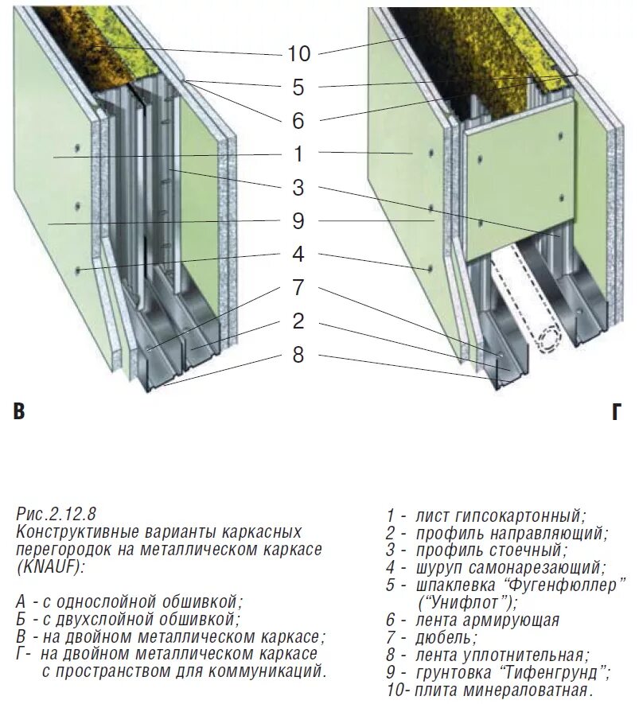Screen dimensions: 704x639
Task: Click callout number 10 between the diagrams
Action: (x=298, y=53)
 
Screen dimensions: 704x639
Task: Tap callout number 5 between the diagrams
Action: (x=298, y=87)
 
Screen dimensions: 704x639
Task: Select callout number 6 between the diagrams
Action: (x=298, y=120)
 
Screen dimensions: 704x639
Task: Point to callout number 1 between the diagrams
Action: (x=298, y=154)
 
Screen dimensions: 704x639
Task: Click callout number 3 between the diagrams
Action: (x=298, y=188)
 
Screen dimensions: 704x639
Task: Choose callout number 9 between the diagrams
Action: (x=298, y=221)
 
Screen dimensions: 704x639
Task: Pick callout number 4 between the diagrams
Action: (x=298, y=255)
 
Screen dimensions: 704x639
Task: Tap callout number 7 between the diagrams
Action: (x=298, y=287)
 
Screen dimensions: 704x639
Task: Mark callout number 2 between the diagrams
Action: (x=298, y=321)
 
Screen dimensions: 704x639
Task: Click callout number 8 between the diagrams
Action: (x=298, y=354)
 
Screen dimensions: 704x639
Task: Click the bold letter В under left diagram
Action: (x=19, y=412)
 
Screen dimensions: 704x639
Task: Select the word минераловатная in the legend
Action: (x=532, y=690)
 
